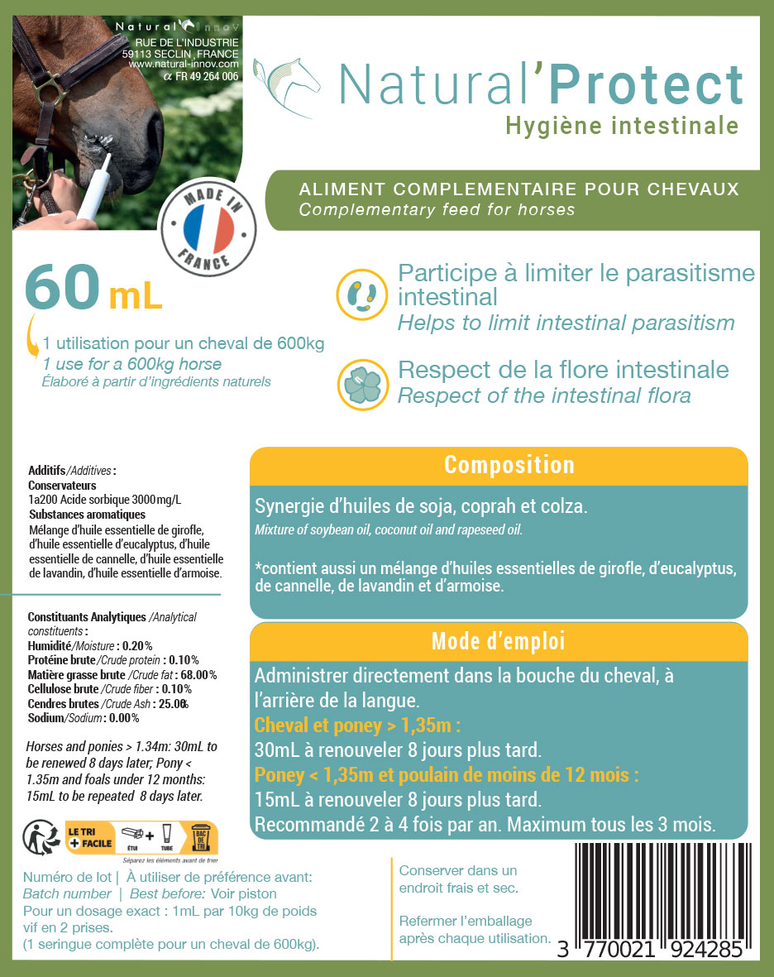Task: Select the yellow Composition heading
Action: coord(509,465)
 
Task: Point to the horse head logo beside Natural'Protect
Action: coord(289,83)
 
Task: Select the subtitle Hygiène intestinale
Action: coord(621,126)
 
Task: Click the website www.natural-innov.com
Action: coord(184,64)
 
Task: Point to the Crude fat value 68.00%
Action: coord(198,675)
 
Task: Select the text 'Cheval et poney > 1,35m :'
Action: coord(357,726)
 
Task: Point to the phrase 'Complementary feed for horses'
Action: coord(437,210)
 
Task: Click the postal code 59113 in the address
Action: coord(136,53)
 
